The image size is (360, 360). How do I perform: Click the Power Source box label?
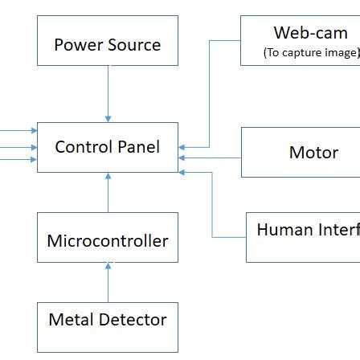pyautogui.click(x=106, y=43)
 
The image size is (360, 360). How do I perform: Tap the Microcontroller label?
pyautogui.click(x=108, y=241)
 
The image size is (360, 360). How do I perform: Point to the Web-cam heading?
pyautogui.click(x=310, y=33)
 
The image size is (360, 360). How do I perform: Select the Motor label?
pyautogui.click(x=313, y=153)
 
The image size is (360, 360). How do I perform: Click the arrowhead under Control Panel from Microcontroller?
pyautogui.click(x=108, y=174)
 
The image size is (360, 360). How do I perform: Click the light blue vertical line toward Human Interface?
pyautogui.click(x=212, y=201)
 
